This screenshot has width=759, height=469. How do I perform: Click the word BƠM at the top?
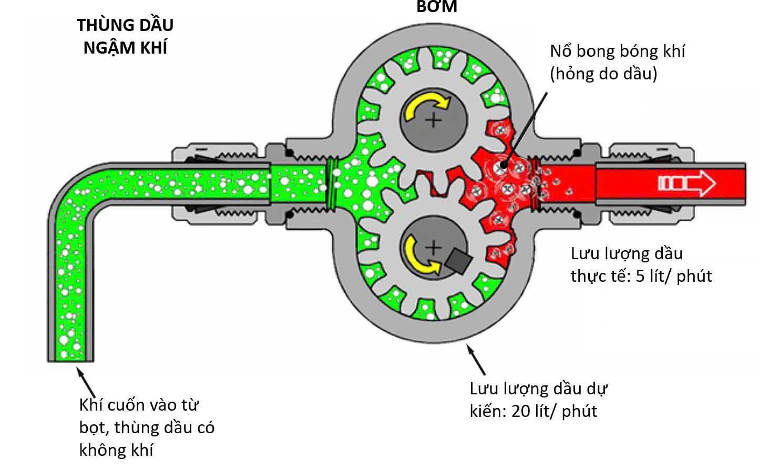click(x=437, y=7)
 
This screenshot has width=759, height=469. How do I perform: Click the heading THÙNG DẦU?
click(x=125, y=25)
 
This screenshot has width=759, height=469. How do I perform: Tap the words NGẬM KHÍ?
click(x=125, y=48)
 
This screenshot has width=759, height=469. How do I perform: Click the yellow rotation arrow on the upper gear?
click(x=426, y=105)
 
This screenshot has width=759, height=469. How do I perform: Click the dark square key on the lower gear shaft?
click(x=458, y=260)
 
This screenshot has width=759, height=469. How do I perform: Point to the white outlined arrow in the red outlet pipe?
click(x=686, y=183)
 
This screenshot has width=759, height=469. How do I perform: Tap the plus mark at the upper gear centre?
click(x=434, y=120)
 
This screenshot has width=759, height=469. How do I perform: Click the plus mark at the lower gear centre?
click(x=434, y=247)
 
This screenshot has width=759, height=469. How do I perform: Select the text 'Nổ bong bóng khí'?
click(x=617, y=52)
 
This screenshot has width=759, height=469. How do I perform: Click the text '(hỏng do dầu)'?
click(x=603, y=74)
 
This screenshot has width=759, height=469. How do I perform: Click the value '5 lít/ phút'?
click(x=674, y=276)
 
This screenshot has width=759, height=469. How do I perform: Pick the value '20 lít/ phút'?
click(x=554, y=411)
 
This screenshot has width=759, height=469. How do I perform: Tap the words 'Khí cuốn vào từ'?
click(x=139, y=405)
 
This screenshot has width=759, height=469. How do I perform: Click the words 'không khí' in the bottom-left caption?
click(x=116, y=450)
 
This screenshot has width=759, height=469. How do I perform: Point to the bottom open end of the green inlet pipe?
click(x=71, y=358)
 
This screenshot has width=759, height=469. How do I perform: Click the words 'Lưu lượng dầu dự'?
click(x=538, y=389)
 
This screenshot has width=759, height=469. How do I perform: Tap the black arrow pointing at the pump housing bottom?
click(x=476, y=359)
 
